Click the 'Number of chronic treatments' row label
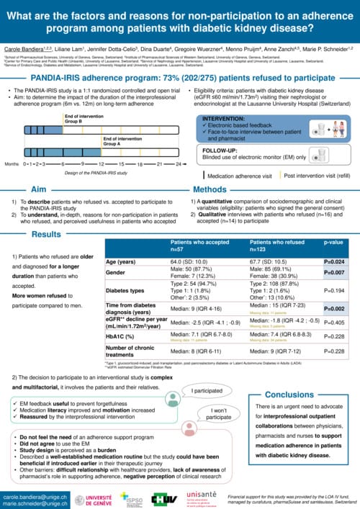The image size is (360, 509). click(130, 352)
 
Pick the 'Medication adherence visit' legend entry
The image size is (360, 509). click(242, 175)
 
